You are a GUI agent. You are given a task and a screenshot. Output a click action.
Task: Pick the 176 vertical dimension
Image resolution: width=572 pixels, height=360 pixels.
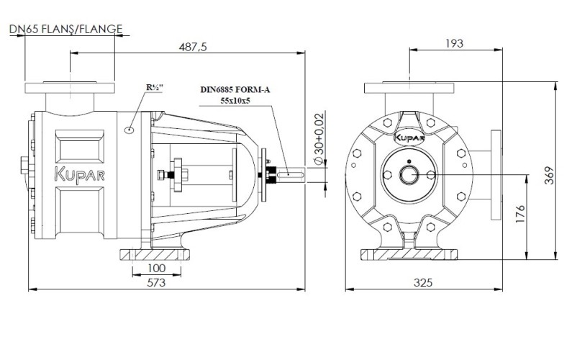(x=522, y=214)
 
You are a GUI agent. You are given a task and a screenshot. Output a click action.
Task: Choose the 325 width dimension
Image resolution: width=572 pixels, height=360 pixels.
(x=423, y=283)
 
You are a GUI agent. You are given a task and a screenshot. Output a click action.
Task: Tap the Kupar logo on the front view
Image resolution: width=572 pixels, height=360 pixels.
(x=409, y=135)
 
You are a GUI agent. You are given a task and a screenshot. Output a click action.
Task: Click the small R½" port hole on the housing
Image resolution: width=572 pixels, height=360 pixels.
(x=130, y=130)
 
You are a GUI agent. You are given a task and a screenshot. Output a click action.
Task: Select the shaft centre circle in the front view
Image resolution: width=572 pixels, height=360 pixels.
(x=409, y=174)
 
